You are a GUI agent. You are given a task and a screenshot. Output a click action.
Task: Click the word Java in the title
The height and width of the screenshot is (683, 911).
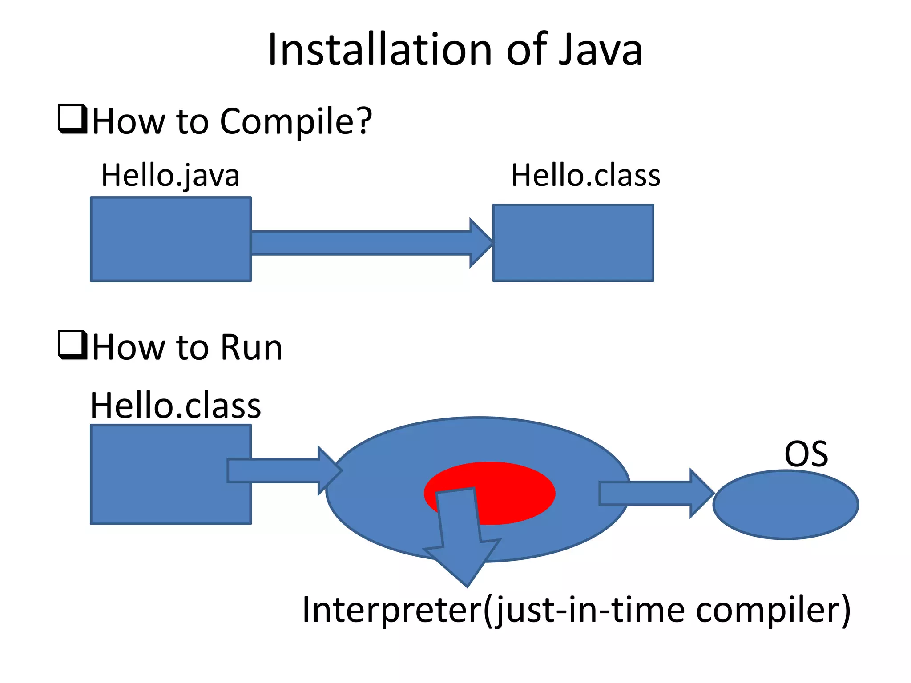click(600, 50)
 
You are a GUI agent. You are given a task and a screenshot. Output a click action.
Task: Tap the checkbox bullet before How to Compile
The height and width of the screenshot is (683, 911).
click(73, 119)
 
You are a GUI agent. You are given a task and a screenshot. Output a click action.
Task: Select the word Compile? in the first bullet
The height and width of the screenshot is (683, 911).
click(296, 121)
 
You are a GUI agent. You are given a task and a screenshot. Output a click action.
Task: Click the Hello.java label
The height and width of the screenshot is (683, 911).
click(170, 175)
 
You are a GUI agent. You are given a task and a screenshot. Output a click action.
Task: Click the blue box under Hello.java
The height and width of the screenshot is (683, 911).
click(171, 239)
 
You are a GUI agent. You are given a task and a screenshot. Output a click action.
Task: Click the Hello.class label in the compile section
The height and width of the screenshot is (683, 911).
click(585, 175)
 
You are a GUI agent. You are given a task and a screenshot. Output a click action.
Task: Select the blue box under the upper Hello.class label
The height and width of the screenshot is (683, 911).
click(573, 243)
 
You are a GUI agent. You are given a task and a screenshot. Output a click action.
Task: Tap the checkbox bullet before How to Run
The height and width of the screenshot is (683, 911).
click(73, 345)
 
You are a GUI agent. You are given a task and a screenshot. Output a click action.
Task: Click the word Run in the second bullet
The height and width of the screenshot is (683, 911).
click(251, 347)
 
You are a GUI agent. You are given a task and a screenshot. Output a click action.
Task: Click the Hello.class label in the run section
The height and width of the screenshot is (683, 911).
click(175, 406)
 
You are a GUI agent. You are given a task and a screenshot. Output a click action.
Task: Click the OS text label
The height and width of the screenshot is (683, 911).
click(806, 454)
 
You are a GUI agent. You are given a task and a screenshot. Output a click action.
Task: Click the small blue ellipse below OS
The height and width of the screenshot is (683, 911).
click(786, 505)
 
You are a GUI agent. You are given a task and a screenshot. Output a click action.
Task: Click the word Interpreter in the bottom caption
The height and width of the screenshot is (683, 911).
click(391, 610)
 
